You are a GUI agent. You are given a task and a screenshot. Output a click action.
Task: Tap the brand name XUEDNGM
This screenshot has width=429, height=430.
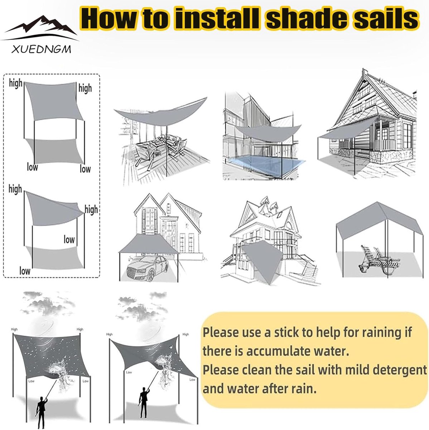(x=41, y=49)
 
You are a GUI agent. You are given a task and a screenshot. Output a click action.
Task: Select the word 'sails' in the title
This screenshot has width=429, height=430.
(x=386, y=19)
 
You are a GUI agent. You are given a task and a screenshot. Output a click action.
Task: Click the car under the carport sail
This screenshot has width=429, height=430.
(x=147, y=268)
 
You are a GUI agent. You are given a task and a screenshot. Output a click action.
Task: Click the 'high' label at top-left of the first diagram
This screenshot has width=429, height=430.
(x=16, y=83)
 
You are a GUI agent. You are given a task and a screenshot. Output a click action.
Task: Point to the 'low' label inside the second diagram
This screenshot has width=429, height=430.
(x=69, y=239)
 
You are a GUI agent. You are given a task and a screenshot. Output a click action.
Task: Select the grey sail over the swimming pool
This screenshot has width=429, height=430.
(x=268, y=133)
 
